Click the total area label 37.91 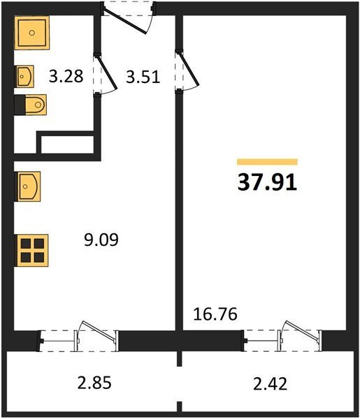(x=267, y=182)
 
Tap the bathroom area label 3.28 (x=66, y=76)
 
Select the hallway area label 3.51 (x=143, y=77)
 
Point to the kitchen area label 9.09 (x=101, y=240)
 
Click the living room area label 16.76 (x=215, y=314)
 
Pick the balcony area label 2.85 (x=94, y=383)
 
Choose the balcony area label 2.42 (x=270, y=383)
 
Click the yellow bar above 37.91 (x=267, y=162)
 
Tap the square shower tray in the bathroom (x=32, y=33)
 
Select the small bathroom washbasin (x=24, y=76)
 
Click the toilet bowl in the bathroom (x=36, y=105)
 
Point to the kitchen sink (x=28, y=186)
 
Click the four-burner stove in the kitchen (x=32, y=251)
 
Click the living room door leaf (x=189, y=69)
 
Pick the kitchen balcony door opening (x=78, y=341)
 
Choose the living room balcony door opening (x=282, y=340)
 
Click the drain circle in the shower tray (x=32, y=33)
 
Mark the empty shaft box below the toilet (x=67, y=145)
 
